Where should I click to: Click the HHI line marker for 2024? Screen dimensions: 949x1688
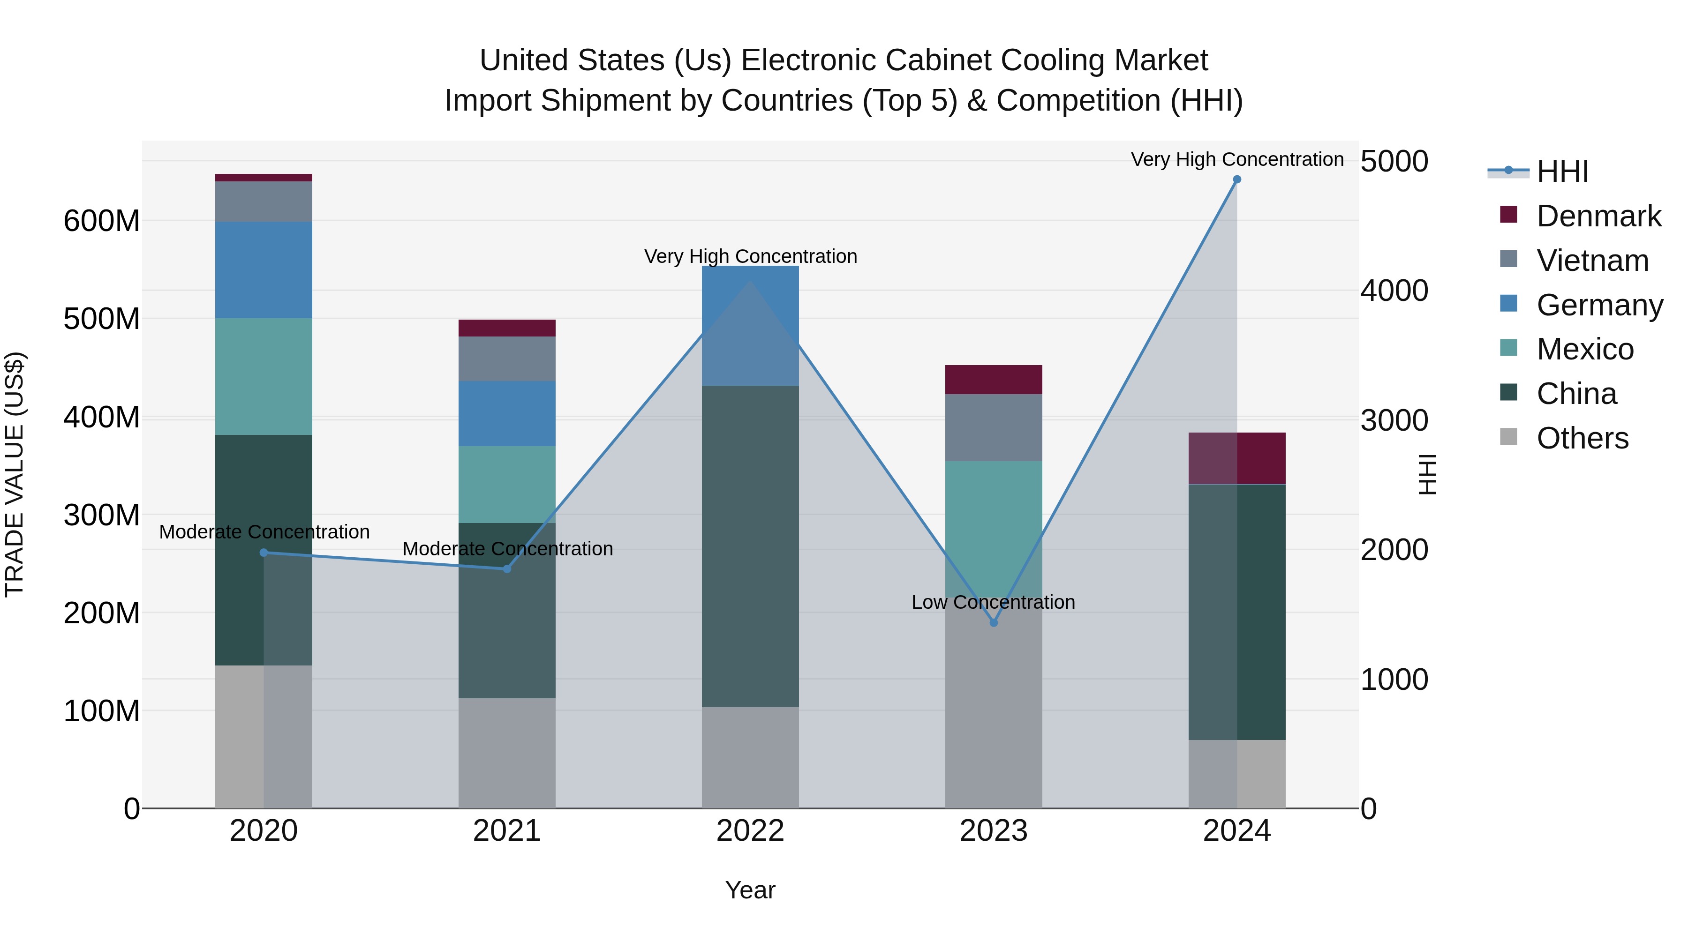tap(1236, 179)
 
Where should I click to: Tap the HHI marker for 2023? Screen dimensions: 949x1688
tap(994, 623)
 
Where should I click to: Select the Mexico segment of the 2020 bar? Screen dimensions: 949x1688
tap(264, 377)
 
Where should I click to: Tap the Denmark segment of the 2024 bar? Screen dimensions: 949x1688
tap(1236, 458)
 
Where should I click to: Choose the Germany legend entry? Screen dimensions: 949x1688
tap(1599, 305)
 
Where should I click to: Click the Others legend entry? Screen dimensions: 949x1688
tap(1582, 438)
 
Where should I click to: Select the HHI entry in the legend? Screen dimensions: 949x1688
tap(1562, 172)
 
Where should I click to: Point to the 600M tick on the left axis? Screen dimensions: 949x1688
tap(102, 221)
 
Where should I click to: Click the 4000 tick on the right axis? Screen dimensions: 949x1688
tap(1394, 291)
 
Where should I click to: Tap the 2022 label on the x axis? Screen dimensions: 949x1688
tap(750, 831)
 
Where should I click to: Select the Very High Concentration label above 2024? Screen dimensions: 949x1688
tap(1236, 159)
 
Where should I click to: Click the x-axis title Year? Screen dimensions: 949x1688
tap(750, 890)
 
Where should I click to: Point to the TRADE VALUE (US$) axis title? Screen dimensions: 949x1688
tap(15, 474)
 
